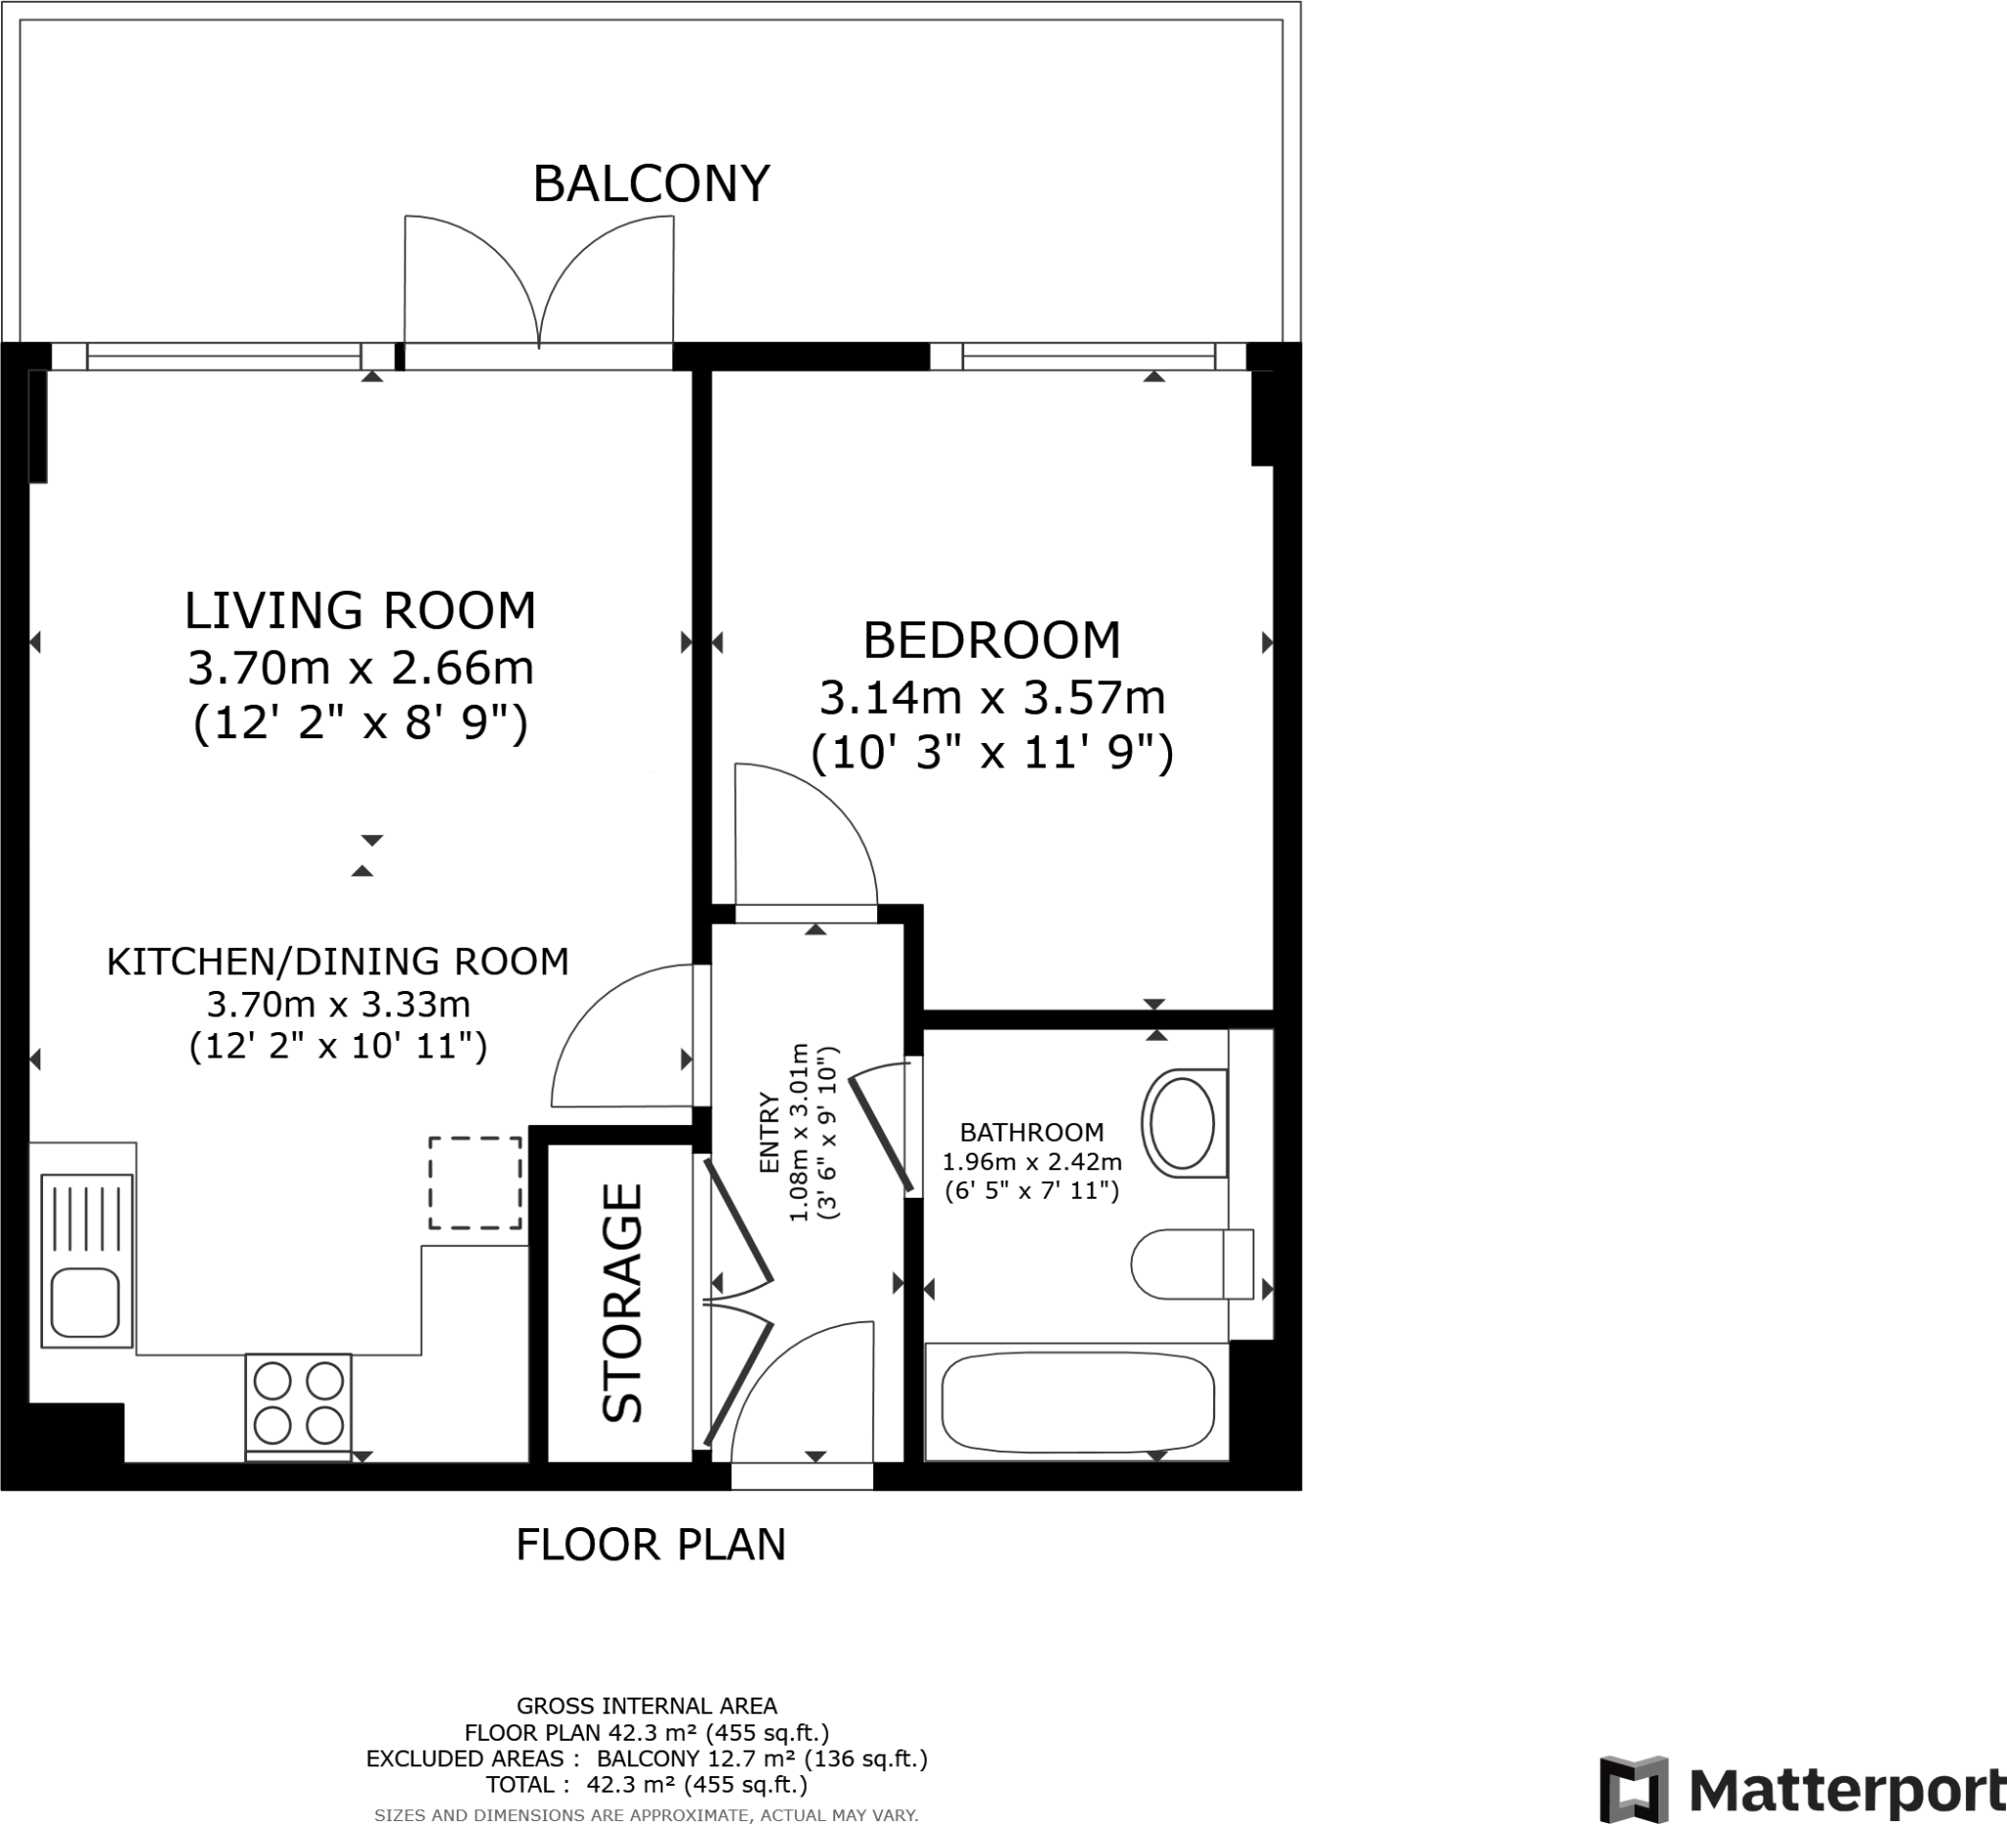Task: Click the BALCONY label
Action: coord(651,184)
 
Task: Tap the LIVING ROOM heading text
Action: coord(361,611)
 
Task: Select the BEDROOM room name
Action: coord(992,640)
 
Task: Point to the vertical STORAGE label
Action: coord(623,1303)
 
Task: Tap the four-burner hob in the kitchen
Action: coord(299,1404)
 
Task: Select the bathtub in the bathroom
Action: coord(1077,1403)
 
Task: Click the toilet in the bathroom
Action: coord(1192,1264)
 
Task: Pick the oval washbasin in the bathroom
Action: coord(1184,1123)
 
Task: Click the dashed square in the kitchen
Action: coord(475,1183)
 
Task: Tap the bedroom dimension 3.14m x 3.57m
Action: coord(992,698)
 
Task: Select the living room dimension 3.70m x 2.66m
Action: coord(361,668)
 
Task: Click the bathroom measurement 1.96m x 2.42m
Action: coord(1031,1160)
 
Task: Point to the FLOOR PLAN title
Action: coord(651,1546)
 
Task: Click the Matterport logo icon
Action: coord(1634,1790)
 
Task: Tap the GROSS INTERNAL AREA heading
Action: coord(647,1706)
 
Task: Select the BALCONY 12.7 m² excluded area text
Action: coord(762,1759)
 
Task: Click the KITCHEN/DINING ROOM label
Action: coord(337,961)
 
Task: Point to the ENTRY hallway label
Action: coord(769,1133)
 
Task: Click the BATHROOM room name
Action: coord(1031,1132)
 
